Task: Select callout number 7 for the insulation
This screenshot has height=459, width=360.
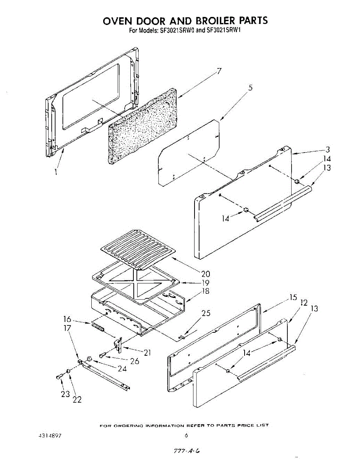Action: [219, 71]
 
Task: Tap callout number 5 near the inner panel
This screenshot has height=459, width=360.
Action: [250, 88]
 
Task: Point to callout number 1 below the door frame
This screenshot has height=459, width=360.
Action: [56, 172]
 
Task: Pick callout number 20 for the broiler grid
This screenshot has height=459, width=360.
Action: [206, 274]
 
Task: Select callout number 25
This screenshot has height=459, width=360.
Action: [206, 313]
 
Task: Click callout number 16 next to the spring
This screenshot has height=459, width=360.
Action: [67, 319]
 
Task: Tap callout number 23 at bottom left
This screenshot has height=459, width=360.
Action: [65, 394]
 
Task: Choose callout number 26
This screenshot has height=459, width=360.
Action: [135, 360]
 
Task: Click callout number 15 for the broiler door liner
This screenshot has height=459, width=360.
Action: [293, 297]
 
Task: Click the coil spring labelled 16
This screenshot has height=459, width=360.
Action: [98, 327]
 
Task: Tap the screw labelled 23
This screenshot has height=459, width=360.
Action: [59, 376]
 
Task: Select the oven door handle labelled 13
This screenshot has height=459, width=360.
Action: [283, 202]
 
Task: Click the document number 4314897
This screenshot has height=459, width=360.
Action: [50, 436]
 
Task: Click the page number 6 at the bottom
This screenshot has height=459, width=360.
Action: [186, 435]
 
